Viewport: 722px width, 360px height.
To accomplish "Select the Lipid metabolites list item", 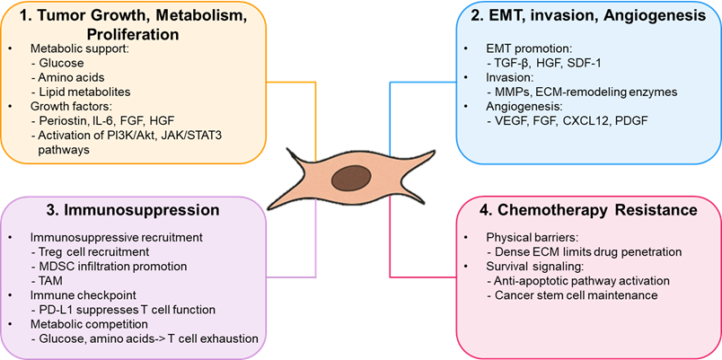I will click(79, 91).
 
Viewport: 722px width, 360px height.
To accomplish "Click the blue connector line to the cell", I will click(390, 117).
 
